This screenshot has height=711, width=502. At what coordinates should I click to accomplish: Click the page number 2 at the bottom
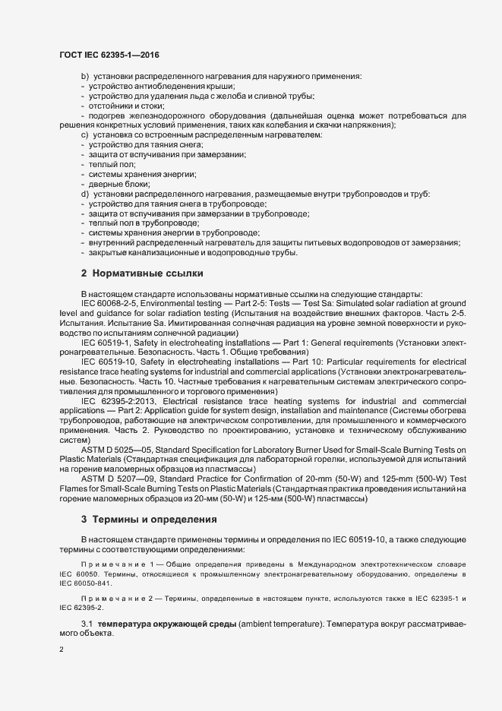62,649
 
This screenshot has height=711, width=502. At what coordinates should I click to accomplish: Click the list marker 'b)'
84,76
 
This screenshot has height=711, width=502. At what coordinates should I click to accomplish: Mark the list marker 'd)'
84,194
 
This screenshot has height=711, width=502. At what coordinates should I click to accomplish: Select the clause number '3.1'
87,624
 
